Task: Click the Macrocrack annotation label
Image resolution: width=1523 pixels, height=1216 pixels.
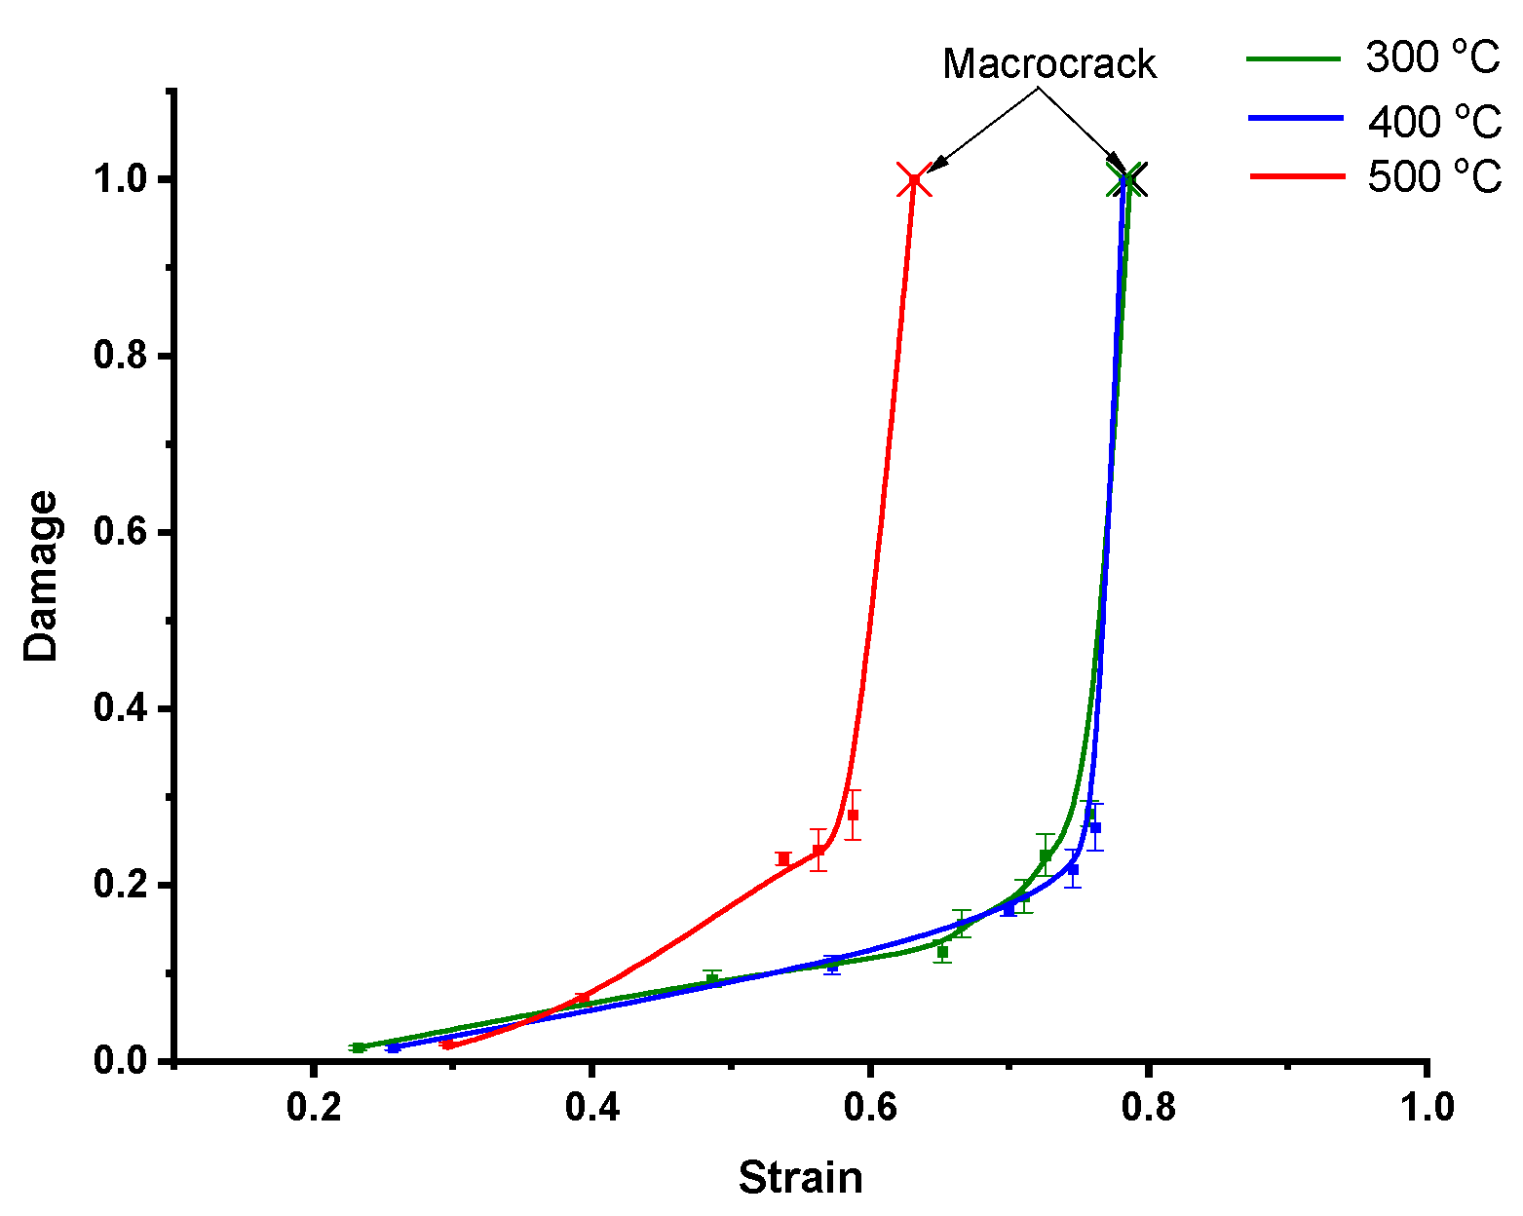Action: [x=1048, y=64]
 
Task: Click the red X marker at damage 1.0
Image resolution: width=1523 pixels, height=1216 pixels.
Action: [x=913, y=181]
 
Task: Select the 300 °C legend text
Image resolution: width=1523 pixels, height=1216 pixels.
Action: [x=1432, y=57]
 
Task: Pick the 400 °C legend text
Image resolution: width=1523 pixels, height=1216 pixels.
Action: [x=1433, y=122]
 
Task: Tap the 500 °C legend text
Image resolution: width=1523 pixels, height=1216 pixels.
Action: [x=1433, y=177]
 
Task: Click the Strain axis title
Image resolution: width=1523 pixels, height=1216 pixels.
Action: [x=800, y=1178]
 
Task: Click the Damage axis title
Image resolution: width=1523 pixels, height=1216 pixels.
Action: [x=42, y=577]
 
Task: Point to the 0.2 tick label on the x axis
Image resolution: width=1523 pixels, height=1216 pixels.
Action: [x=312, y=1108]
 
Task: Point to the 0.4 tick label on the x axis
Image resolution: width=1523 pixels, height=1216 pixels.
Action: [x=590, y=1108]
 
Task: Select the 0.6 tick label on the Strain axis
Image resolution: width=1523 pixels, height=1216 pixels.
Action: [x=870, y=1108]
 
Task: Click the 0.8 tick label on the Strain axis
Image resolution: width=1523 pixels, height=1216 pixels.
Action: [x=1149, y=1108]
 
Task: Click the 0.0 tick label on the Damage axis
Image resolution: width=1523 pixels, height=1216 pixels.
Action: [x=120, y=1061]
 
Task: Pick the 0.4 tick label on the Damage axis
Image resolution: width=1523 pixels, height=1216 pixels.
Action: [x=120, y=708]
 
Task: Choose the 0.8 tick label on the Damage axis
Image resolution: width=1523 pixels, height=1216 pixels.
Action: [x=120, y=356]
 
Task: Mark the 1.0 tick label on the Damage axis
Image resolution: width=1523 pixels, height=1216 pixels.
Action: [x=120, y=180]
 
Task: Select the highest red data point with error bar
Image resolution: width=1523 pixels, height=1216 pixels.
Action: [x=853, y=815]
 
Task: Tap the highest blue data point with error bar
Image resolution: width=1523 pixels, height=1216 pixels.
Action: [x=1094, y=827]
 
